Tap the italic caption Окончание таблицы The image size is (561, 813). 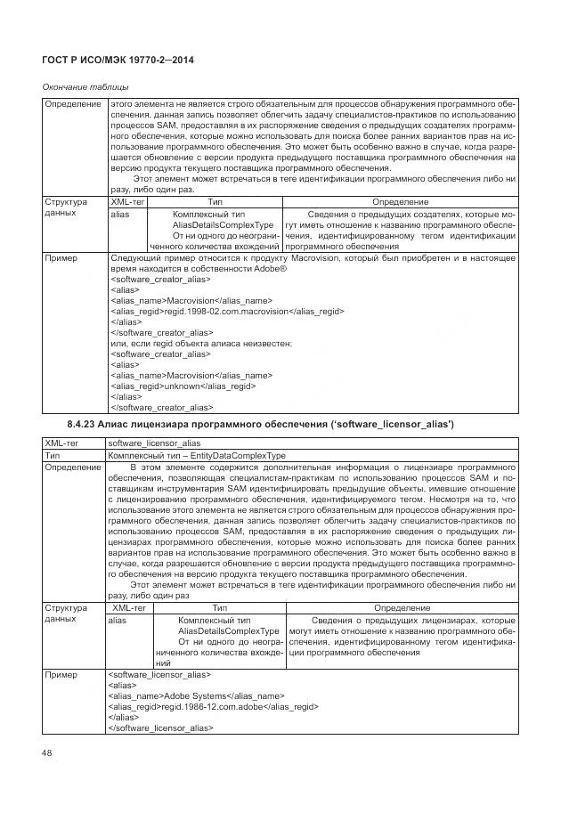click(85, 86)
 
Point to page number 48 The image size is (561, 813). click(47, 753)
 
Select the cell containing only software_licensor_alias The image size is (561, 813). click(153, 442)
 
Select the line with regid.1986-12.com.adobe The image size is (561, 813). click(214, 705)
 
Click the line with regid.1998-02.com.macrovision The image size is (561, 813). click(227, 312)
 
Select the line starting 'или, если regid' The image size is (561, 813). click(203, 344)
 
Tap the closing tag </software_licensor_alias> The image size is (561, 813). click(161, 727)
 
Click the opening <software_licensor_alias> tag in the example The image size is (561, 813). click(159, 673)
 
